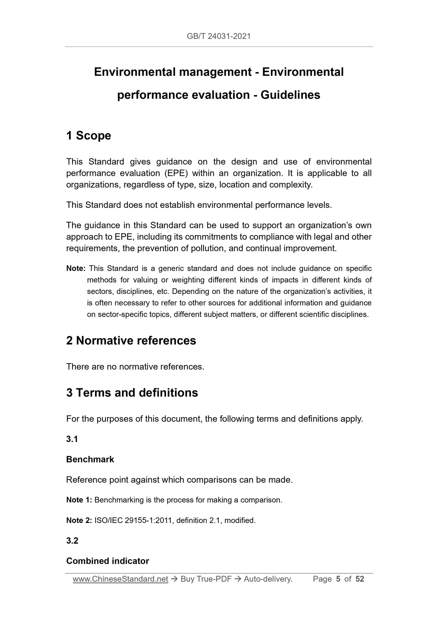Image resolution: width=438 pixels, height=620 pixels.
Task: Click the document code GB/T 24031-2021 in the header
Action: click(219, 36)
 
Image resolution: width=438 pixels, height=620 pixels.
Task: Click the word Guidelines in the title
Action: click(290, 95)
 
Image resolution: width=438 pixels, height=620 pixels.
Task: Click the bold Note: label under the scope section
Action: click(76, 268)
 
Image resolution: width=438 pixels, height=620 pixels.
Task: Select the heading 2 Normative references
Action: click(131, 340)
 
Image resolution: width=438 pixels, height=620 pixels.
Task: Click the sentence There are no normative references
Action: click(135, 367)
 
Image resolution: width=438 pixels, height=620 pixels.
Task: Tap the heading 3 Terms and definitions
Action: click(132, 393)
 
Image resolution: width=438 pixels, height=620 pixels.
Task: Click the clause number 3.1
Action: click(72, 439)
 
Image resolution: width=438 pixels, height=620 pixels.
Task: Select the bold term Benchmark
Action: click(90, 460)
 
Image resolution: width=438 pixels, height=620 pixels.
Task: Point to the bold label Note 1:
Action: click(79, 500)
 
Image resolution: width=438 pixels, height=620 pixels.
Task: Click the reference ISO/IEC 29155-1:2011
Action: click(133, 521)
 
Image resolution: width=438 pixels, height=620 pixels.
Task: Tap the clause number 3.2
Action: click(72, 541)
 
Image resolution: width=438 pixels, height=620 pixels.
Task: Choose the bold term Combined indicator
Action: click(107, 561)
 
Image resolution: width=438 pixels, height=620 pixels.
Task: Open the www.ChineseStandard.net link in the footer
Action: click(120, 579)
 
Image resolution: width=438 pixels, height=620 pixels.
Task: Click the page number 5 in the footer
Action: click(338, 579)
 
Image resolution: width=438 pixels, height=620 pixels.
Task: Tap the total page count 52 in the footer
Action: click(359, 579)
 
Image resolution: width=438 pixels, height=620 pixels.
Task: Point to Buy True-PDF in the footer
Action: click(206, 579)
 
